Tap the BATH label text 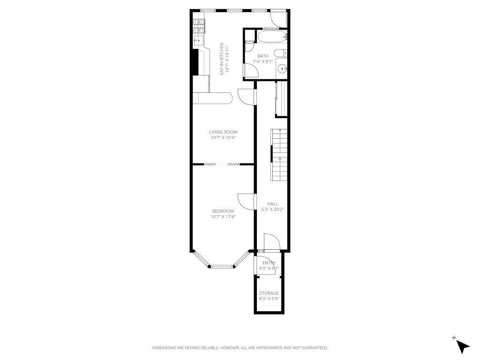(263, 56)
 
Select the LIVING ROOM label (223, 132)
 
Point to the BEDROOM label (223, 211)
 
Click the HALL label (272, 204)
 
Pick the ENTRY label (269, 263)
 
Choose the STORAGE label (269, 293)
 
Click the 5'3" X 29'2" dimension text (272, 210)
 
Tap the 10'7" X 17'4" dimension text (223, 217)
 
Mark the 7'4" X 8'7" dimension (263, 61)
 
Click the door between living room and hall (246, 97)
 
